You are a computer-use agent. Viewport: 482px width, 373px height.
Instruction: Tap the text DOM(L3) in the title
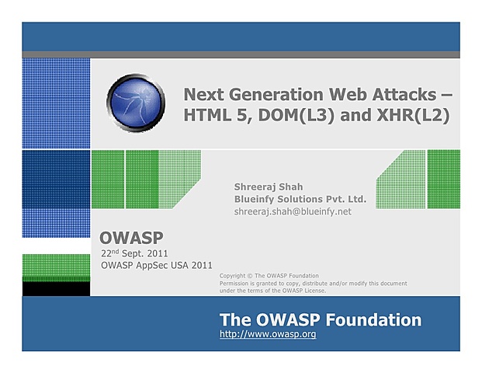300,117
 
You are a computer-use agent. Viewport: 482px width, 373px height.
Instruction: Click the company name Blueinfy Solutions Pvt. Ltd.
300,199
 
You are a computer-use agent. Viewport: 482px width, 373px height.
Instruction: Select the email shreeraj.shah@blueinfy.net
293,211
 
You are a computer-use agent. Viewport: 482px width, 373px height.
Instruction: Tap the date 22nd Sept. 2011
135,253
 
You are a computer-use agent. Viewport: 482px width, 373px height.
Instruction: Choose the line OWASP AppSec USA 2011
157,266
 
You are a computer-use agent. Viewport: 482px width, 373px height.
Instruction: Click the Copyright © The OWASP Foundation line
269,276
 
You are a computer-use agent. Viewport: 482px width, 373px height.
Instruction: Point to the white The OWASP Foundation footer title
320,319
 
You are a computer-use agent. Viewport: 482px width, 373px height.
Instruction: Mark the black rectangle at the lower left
56,289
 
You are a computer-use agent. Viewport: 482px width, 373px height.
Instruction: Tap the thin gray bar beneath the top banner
241,54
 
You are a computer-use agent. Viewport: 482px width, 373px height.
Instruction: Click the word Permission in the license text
238,284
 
